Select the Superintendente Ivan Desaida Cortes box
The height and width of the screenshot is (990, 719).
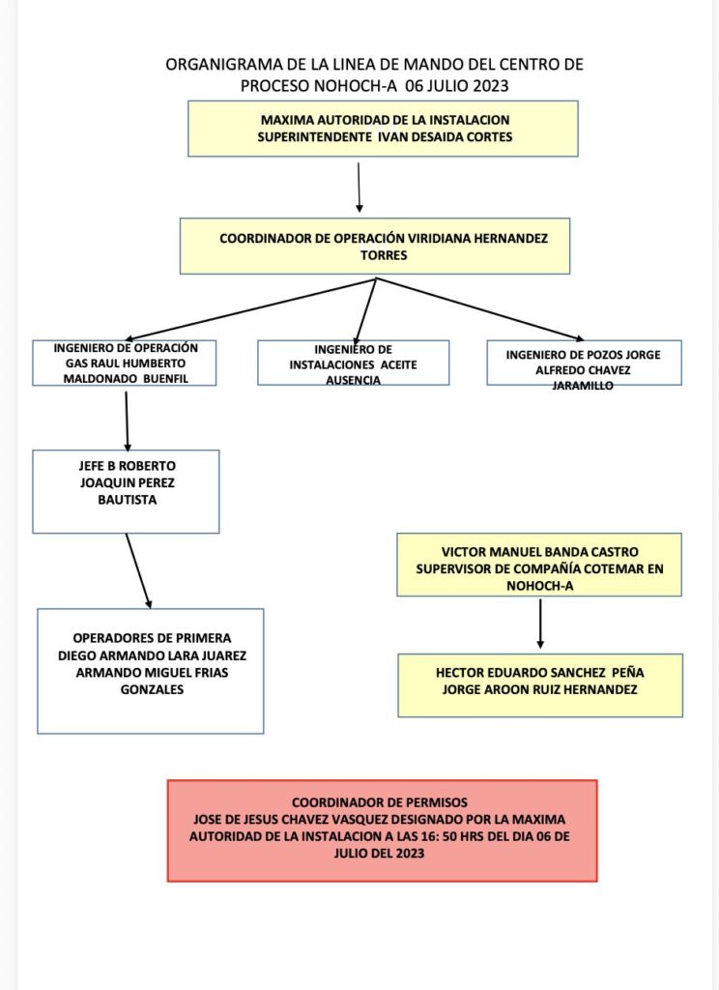383,129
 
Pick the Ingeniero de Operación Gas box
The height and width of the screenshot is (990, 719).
126,363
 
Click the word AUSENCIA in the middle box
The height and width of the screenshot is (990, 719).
354,380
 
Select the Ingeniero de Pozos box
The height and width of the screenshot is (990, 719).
584,363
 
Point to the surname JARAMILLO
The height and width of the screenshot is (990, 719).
584,384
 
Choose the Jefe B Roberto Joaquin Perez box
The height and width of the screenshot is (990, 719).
126,491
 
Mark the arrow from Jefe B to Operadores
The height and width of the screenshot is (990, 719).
139,570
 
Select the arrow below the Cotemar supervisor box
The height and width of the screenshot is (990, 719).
540,623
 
